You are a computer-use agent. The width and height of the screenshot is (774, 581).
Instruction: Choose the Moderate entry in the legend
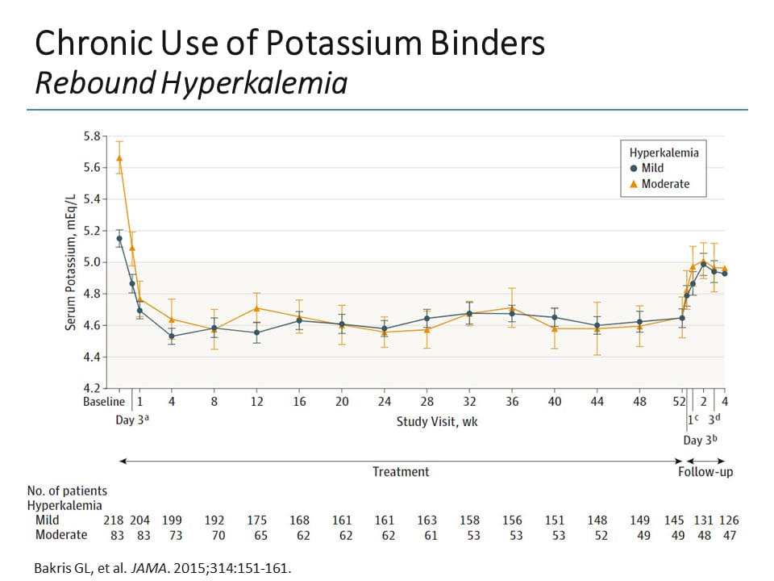click(660, 184)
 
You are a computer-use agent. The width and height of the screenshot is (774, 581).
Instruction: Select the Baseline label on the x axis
click(104, 402)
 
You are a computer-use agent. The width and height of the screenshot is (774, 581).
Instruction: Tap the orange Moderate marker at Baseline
click(119, 158)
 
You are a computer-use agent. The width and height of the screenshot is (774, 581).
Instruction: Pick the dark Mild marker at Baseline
click(119, 239)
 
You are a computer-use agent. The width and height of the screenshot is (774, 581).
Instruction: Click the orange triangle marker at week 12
click(256, 308)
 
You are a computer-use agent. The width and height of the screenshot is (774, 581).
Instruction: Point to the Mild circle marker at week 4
click(172, 336)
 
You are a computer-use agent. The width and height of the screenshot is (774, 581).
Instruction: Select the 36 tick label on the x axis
click(512, 402)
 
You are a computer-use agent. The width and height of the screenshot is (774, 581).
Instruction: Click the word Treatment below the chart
click(401, 471)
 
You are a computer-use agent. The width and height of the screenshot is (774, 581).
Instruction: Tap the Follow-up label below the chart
click(705, 471)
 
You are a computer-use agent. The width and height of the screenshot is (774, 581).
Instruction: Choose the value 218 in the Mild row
click(113, 520)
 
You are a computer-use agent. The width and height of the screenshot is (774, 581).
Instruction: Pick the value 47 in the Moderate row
click(730, 535)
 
